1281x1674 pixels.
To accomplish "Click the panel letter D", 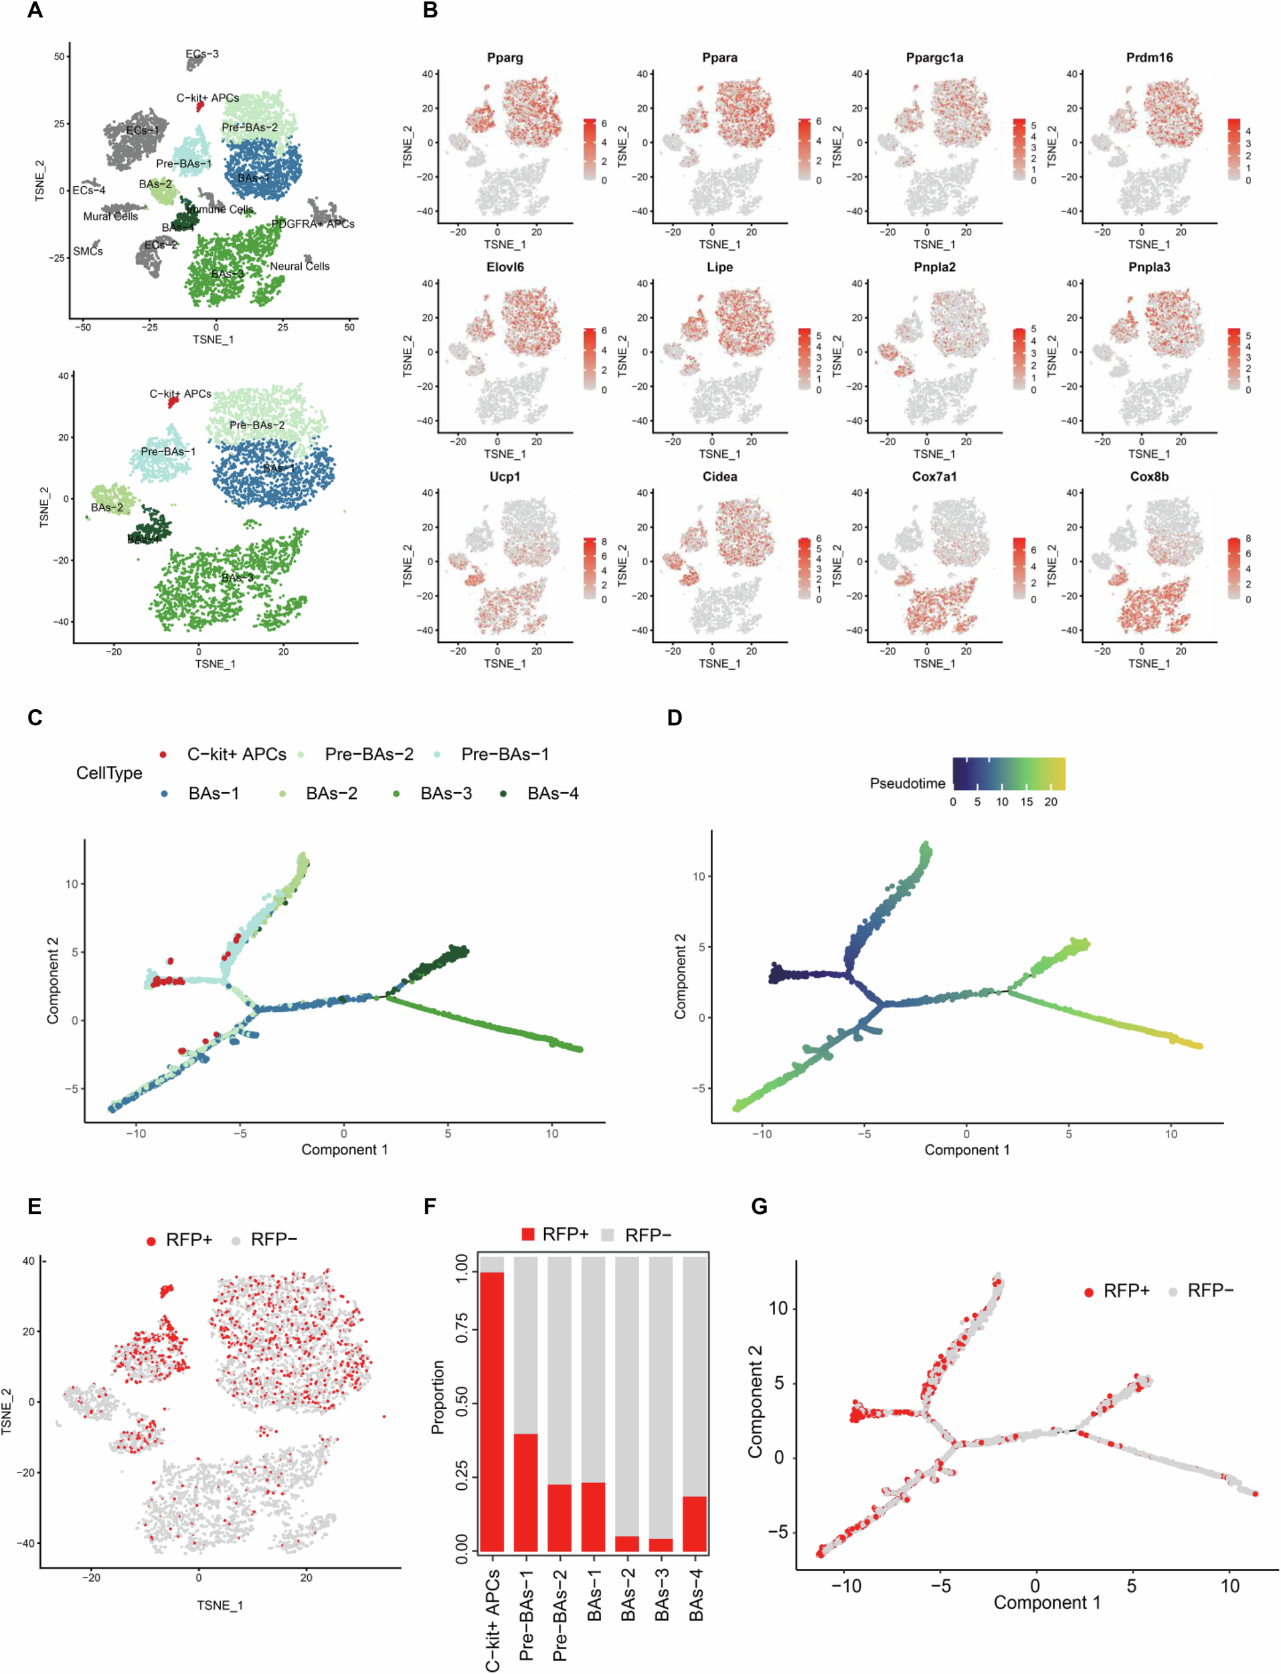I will [x=674, y=718].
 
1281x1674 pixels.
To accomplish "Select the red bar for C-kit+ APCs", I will [x=492, y=1411].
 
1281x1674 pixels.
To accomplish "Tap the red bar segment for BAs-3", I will [x=661, y=1544].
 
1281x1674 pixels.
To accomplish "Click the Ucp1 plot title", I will [x=504, y=477].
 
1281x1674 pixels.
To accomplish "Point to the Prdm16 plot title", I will [x=1149, y=58].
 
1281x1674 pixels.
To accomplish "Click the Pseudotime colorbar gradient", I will [x=1008, y=773].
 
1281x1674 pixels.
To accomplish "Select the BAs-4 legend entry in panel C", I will [x=552, y=794].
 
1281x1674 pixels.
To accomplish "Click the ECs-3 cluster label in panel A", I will [x=202, y=54].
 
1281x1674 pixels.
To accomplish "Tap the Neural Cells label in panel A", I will [x=300, y=266].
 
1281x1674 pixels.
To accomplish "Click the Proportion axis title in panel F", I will [x=438, y=1396].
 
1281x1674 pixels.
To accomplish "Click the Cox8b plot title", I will [x=1149, y=477].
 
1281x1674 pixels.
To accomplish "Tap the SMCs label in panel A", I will [x=88, y=251].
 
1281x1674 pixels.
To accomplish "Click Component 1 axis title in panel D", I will [x=967, y=1149].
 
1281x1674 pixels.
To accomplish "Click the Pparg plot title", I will [x=504, y=58].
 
